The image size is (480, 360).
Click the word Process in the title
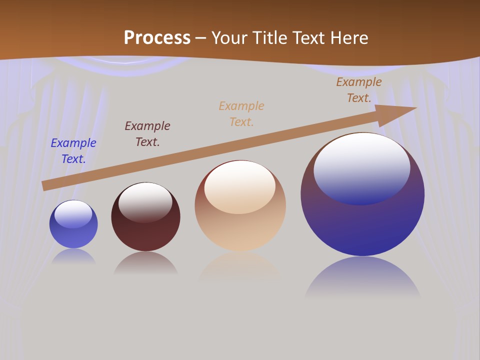(157, 38)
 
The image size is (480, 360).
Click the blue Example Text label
(73, 151)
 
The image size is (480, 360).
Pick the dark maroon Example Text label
(147, 134)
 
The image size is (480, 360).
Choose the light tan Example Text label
(241, 114)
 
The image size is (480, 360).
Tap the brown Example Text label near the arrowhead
(358, 90)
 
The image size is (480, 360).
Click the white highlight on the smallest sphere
(73, 214)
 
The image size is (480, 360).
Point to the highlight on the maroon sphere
(145, 202)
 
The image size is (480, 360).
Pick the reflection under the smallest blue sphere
(73, 256)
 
